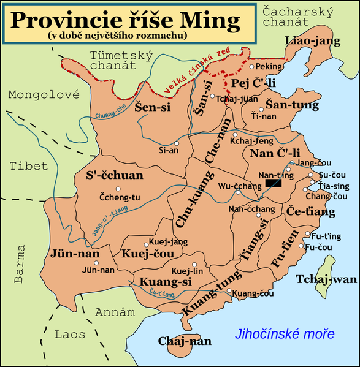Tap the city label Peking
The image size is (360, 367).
[269, 66]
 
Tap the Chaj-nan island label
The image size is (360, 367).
[185, 341]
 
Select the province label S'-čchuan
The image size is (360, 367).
[115, 176]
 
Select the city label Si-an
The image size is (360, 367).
[169, 149]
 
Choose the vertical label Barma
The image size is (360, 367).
[20, 263]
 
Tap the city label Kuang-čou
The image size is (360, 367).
[253, 293]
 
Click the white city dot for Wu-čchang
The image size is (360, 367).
[238, 193]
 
